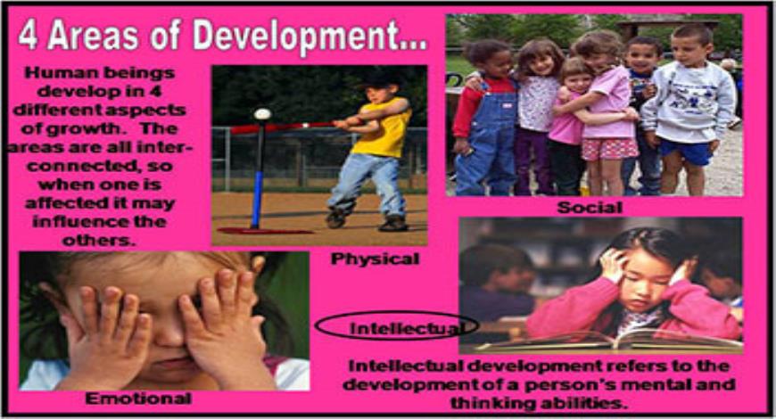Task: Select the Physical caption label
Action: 374,259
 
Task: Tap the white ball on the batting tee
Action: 262,114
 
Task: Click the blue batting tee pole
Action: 257,178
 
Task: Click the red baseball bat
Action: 285,127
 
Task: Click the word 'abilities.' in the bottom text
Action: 595,402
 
